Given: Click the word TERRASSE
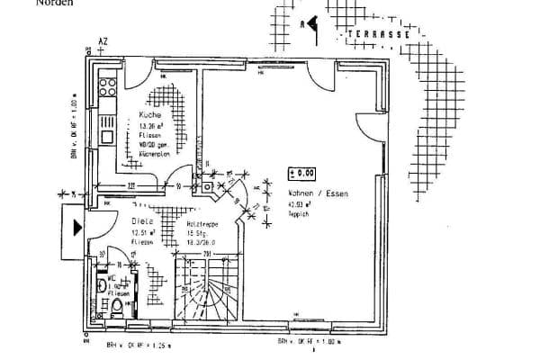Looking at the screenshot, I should pyautogui.click(x=379, y=35).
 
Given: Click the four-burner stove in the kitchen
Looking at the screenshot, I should pyautogui.click(x=107, y=87).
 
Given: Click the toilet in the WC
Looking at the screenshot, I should pyautogui.click(x=117, y=310).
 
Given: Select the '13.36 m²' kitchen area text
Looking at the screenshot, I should pyautogui.click(x=150, y=127).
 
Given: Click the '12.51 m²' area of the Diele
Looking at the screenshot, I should pyautogui.click(x=144, y=232).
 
